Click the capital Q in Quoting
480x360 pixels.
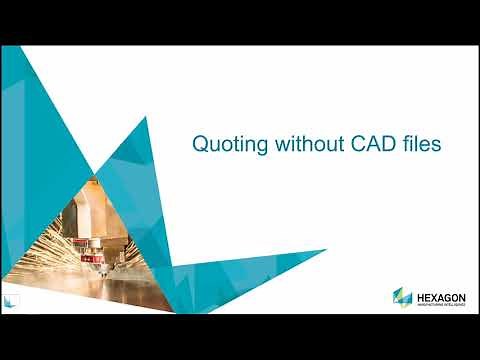[x=199, y=145]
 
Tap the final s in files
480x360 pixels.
[x=437, y=146]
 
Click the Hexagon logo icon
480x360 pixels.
[x=402, y=297]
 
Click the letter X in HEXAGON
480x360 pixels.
[x=432, y=294]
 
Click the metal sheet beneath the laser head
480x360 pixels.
[x=130, y=295]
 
